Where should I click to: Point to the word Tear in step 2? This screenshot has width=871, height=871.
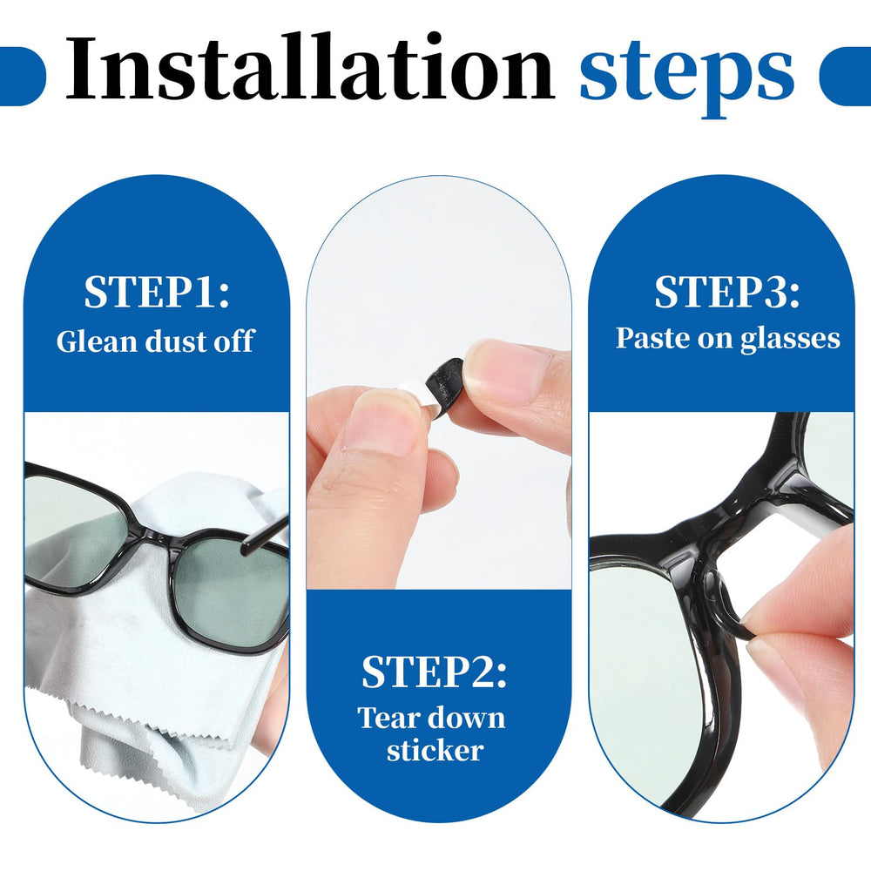click(x=389, y=718)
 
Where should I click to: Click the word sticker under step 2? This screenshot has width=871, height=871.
click(x=434, y=750)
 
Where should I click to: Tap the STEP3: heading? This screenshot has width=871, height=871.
click(x=726, y=293)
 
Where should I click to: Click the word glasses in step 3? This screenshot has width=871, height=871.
click(x=791, y=339)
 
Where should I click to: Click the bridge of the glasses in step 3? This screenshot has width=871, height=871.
click(x=740, y=505)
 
